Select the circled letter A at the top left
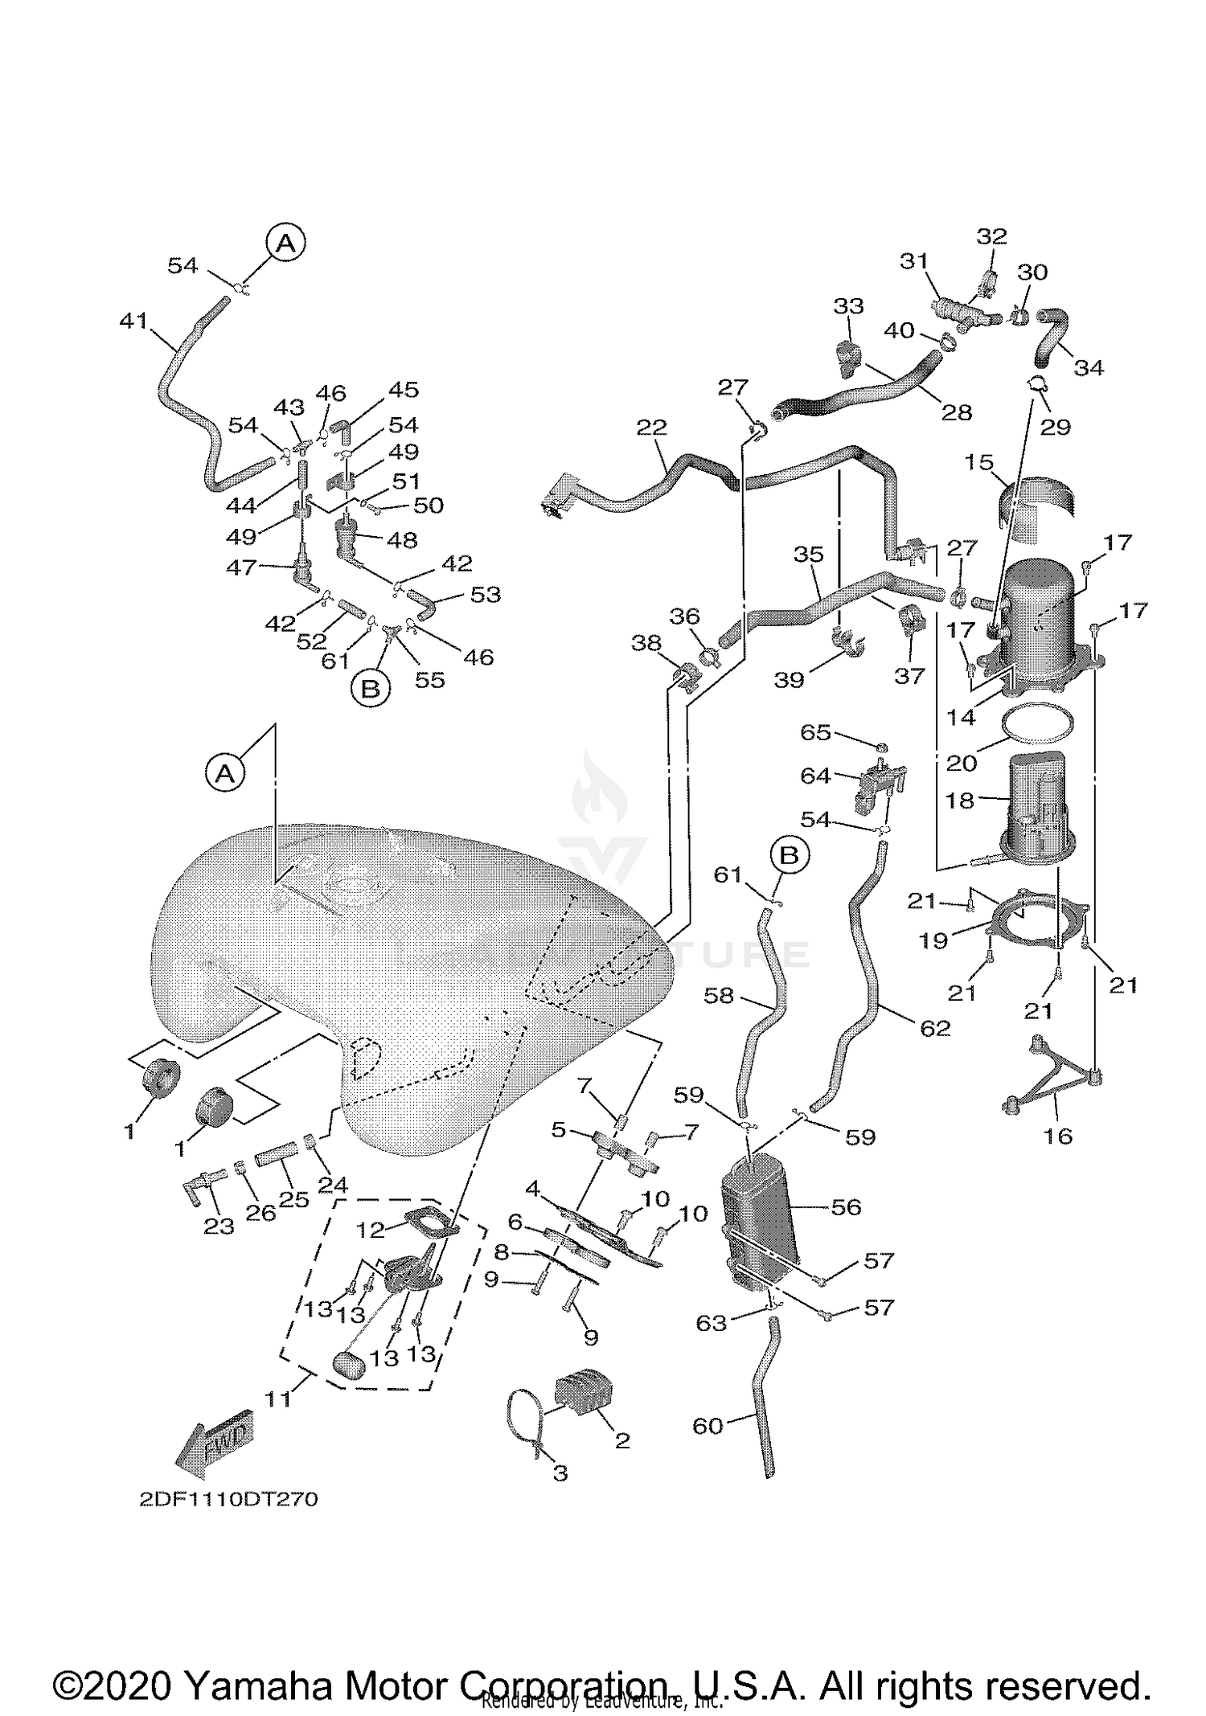click(x=285, y=243)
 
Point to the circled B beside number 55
click(x=371, y=688)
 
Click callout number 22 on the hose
click(x=651, y=427)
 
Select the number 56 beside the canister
click(x=846, y=1206)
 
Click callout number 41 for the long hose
click(x=133, y=321)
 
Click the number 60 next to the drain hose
click(x=708, y=1426)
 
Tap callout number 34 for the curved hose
click(x=1089, y=367)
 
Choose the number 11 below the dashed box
click(x=277, y=1399)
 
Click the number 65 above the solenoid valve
click(x=814, y=732)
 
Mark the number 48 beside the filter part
click(x=401, y=540)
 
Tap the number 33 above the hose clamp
click(x=848, y=305)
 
